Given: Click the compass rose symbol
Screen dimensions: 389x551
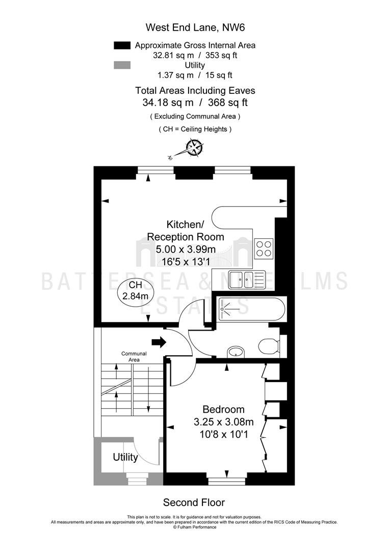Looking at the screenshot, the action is click(194, 147).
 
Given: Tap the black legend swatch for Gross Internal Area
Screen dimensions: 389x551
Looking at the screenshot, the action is click(122, 45).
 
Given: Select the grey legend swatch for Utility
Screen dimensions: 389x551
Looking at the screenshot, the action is click(122, 65).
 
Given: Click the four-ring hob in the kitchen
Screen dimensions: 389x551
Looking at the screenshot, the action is click(264, 248).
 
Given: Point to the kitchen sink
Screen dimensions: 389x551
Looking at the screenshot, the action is click(246, 280).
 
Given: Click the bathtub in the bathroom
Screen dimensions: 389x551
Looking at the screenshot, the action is click(252, 309).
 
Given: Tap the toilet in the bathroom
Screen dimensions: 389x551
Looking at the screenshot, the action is click(270, 346).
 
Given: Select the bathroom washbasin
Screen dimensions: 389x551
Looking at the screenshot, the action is click(236, 352).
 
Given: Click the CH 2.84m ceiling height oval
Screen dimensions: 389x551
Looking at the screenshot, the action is click(136, 291).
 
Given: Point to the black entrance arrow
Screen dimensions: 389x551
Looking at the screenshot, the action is click(159, 341).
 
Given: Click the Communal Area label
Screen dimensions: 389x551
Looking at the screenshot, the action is click(134, 357).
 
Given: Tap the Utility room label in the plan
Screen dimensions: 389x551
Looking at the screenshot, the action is click(125, 457).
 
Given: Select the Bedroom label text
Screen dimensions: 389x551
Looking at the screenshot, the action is click(224, 409).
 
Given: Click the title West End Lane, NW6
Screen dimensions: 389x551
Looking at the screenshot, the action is click(195, 28).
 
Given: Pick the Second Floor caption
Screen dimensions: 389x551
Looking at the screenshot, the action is click(194, 503).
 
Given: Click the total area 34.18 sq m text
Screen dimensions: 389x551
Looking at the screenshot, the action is click(168, 103).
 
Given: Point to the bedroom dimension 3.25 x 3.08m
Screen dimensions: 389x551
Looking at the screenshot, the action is click(224, 422).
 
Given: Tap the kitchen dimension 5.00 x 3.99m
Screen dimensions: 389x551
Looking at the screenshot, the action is click(186, 249).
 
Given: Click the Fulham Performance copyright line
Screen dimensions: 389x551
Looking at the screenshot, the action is click(195, 527).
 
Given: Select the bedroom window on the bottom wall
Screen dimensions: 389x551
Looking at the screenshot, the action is click(227, 480).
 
